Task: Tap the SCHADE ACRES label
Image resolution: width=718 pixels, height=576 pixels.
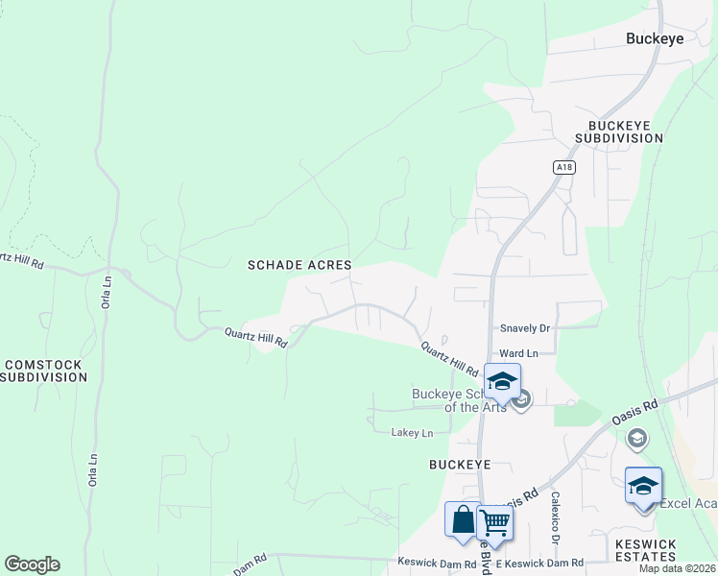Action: (299, 264)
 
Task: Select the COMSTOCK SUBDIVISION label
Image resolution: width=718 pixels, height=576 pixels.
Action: (45, 371)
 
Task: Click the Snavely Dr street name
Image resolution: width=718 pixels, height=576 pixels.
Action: (524, 328)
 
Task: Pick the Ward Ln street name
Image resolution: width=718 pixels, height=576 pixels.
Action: (518, 353)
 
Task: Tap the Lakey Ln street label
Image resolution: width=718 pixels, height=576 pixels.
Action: (412, 433)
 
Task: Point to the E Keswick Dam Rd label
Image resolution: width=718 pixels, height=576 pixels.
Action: (545, 564)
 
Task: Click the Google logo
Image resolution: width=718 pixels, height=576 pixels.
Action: (32, 564)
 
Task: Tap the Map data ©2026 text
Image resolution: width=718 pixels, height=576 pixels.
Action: (677, 568)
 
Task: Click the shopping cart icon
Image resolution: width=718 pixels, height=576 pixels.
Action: (495, 521)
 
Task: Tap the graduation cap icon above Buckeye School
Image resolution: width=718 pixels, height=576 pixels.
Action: (502, 380)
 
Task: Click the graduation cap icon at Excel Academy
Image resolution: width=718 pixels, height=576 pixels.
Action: (643, 484)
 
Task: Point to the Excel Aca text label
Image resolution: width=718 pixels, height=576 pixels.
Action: (686, 504)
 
